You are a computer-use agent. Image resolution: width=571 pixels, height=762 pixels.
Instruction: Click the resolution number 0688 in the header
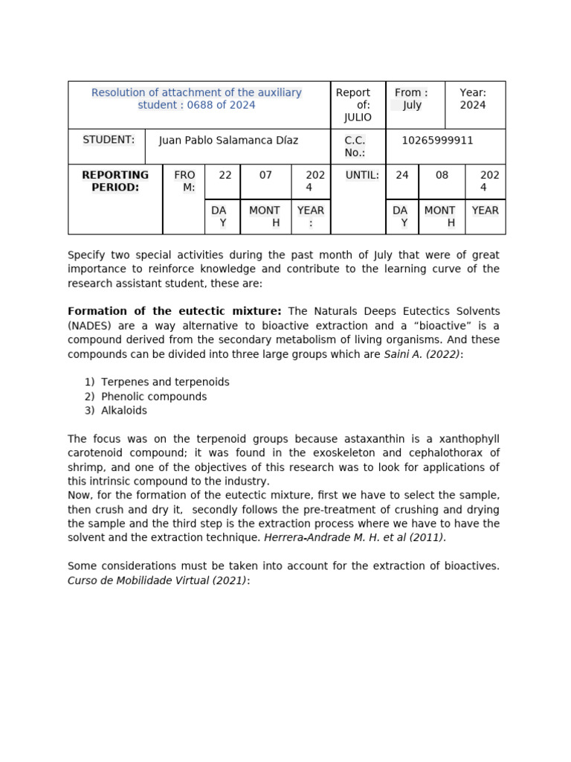(201, 105)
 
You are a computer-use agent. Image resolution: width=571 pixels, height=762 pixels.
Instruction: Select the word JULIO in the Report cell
(358, 118)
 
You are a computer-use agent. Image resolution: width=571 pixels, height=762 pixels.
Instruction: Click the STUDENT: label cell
(109, 140)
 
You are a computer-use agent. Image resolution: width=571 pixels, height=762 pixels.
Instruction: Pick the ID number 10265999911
(437, 141)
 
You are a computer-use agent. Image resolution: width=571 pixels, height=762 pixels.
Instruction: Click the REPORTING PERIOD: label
(115, 181)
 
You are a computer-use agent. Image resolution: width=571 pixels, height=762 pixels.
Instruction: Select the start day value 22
(225, 175)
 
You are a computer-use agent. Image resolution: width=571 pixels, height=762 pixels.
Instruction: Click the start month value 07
(265, 175)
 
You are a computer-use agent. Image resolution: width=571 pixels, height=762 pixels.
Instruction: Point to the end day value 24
(402, 175)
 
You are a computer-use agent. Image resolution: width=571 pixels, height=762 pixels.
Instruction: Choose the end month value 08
(442, 175)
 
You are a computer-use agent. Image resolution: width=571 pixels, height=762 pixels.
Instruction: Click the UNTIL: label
(362, 175)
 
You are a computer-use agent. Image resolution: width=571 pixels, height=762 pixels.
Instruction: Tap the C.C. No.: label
(355, 147)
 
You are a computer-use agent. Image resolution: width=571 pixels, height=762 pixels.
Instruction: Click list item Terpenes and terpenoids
(165, 382)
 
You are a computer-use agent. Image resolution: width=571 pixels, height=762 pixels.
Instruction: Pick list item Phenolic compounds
(154, 397)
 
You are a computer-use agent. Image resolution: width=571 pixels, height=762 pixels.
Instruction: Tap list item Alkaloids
(124, 411)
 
